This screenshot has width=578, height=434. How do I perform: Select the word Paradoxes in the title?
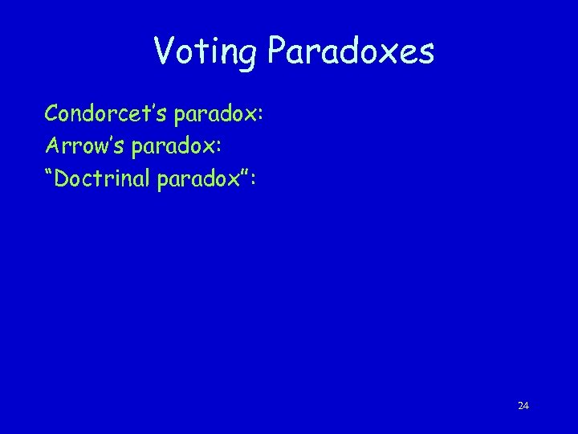pos(351,53)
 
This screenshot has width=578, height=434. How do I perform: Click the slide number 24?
pos(523,406)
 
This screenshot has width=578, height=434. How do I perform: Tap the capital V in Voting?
pos(162,52)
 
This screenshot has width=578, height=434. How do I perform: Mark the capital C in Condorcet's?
pos(52,113)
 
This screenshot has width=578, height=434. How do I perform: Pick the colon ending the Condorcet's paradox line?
pos(259,117)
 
